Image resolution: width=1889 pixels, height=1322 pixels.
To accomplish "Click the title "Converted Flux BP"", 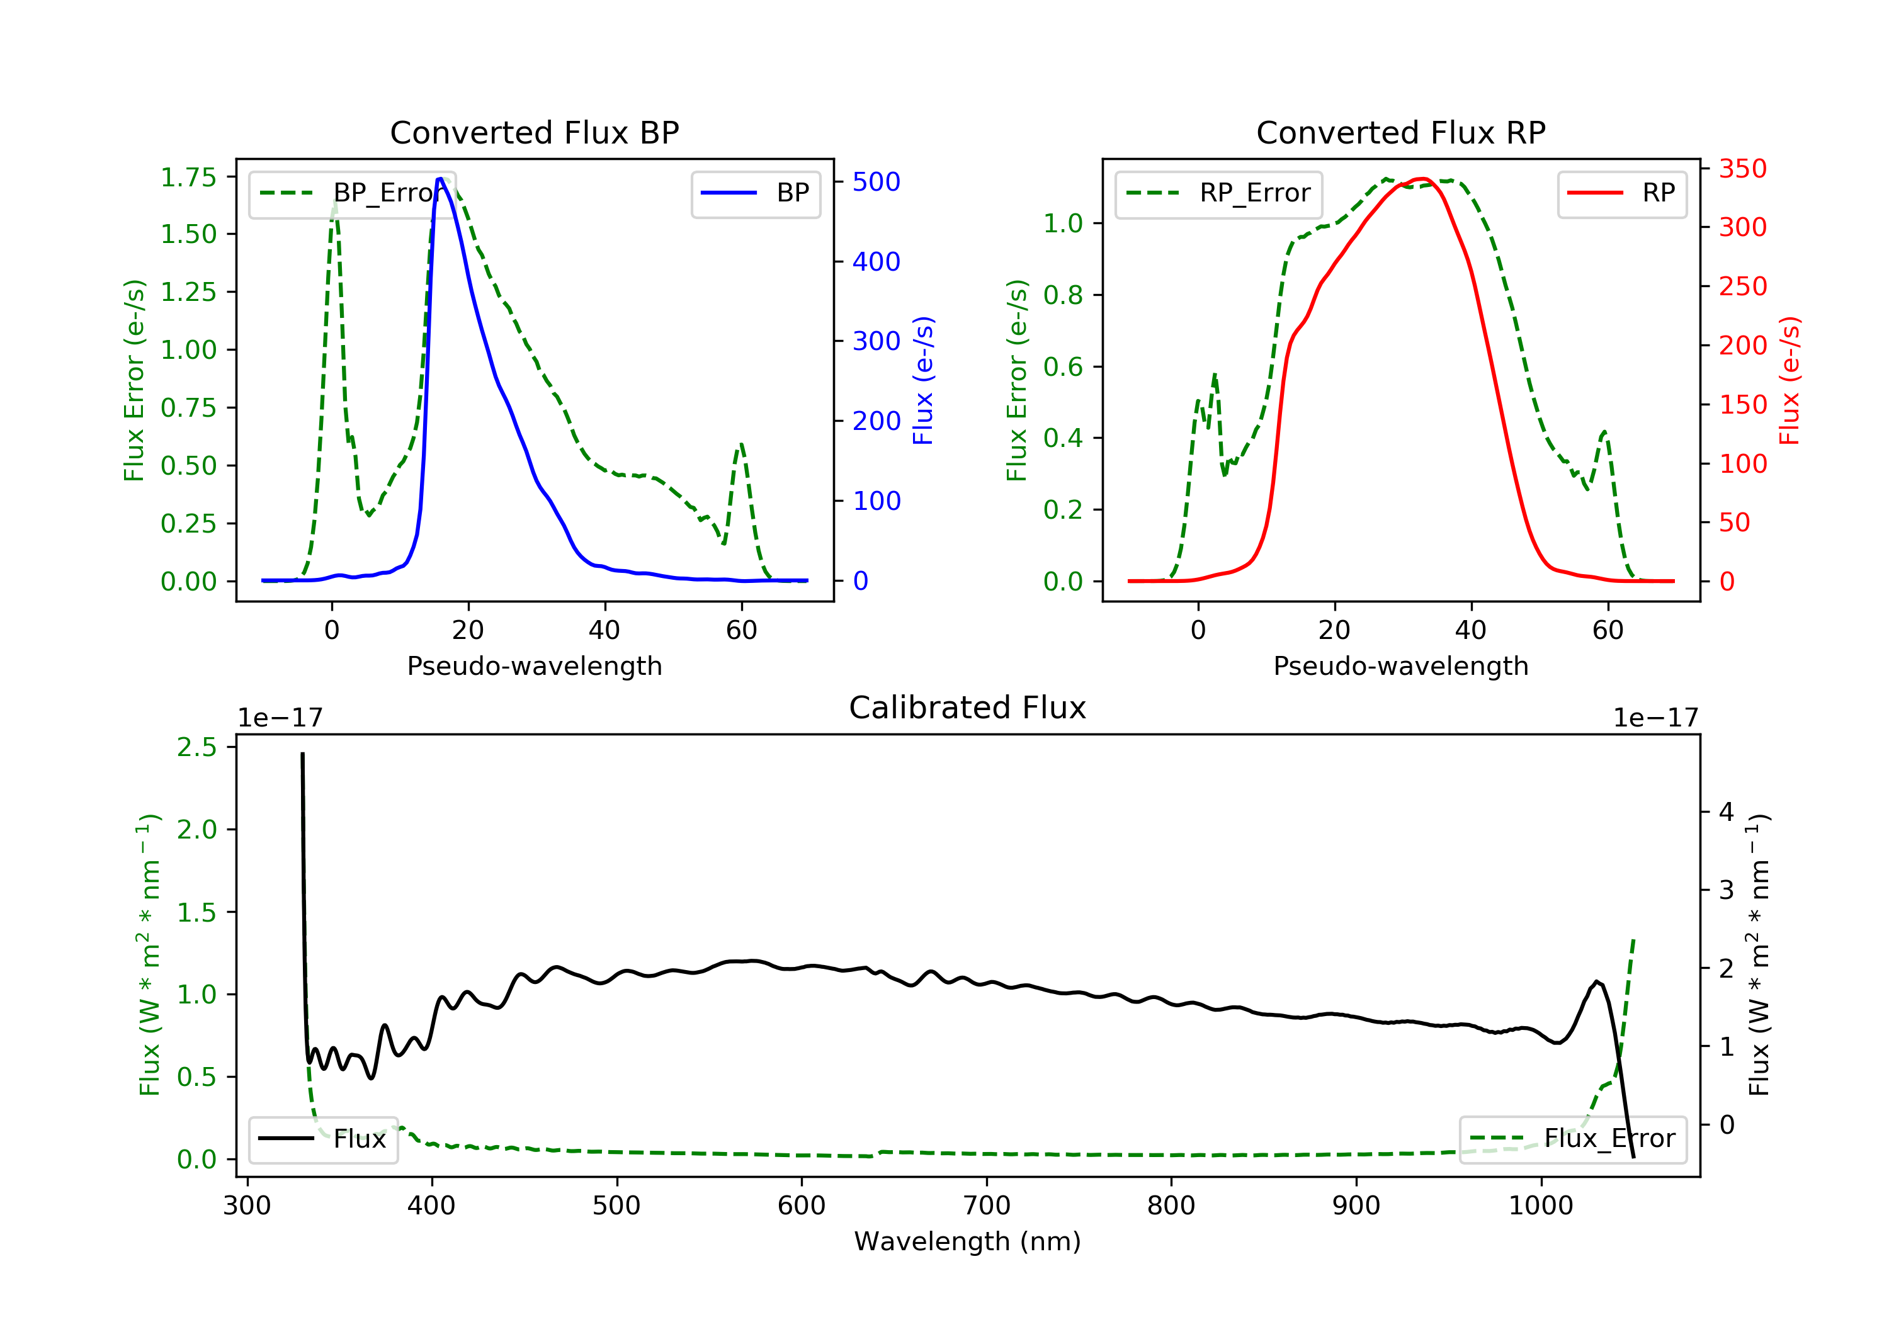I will pyautogui.click(x=534, y=132).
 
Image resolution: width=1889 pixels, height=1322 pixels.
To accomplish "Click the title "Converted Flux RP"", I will pyautogui.click(x=1400, y=132).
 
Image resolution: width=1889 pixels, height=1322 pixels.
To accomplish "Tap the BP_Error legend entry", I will pyautogui.click(x=351, y=193).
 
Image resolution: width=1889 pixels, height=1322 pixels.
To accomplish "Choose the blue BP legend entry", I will pyautogui.click(x=755, y=193).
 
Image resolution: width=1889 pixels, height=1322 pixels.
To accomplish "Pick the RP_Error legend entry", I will pyautogui.click(x=1218, y=193).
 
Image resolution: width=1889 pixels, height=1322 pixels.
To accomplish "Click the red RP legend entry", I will pyautogui.click(x=1621, y=193).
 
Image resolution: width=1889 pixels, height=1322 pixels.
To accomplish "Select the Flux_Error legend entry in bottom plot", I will pyautogui.click(x=1572, y=1139).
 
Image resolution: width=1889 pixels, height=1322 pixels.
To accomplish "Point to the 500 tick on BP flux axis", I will pyautogui.click(x=875, y=182).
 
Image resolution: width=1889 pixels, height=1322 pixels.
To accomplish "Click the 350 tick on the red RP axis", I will pyautogui.click(x=1742, y=169).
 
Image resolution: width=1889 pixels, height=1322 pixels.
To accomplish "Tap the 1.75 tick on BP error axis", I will pyautogui.click(x=188, y=177).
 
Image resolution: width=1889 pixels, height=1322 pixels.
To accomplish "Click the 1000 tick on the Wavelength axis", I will pyautogui.click(x=1540, y=1206).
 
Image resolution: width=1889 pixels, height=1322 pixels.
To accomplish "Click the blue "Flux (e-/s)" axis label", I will pyautogui.click(x=923, y=380).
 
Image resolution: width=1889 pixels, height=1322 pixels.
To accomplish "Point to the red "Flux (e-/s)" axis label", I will pyautogui.click(x=1790, y=380).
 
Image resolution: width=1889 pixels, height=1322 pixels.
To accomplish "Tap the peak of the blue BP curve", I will pyautogui.click(x=440, y=179).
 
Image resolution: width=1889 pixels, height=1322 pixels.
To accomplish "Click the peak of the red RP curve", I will pyautogui.click(x=1422, y=179).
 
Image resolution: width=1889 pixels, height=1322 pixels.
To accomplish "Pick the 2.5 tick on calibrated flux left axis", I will pyautogui.click(x=196, y=747).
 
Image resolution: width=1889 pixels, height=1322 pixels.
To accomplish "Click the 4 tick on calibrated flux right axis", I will pyautogui.click(x=1726, y=812).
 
